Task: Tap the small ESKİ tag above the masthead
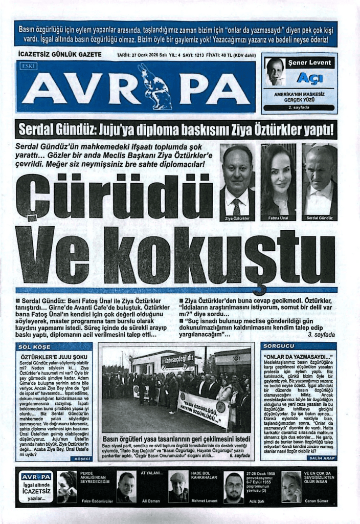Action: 27,67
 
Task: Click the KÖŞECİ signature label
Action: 82,458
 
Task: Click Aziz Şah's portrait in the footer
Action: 234,487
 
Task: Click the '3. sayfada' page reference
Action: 321,334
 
